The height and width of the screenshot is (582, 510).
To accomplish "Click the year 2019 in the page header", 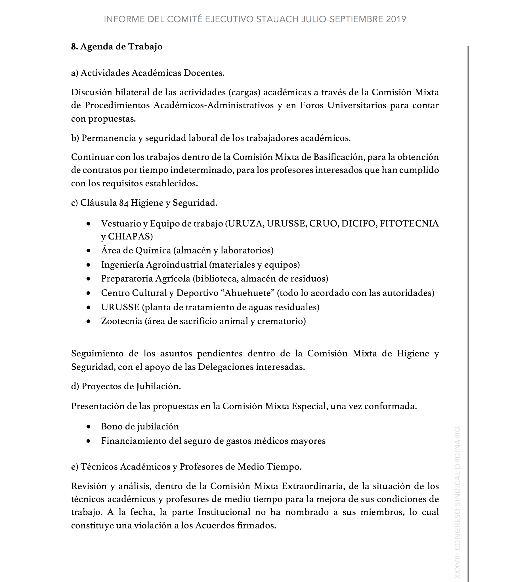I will [396, 19].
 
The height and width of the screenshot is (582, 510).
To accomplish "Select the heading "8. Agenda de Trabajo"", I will [117, 46].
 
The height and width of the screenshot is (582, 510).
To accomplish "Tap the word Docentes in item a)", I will [204, 73].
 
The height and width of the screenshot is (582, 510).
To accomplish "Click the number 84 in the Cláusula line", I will [124, 203].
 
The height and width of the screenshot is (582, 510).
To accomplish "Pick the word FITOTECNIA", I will [409, 224].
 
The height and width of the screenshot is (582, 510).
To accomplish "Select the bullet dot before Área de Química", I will [89, 251].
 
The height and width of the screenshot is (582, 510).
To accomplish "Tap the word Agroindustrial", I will [176, 265].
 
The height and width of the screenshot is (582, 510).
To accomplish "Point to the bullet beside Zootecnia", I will [89, 321].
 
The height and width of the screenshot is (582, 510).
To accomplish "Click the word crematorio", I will [281, 321].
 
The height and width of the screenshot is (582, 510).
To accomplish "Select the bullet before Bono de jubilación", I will [89, 427].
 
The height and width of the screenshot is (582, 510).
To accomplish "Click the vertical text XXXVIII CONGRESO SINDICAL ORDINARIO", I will [457, 504].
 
